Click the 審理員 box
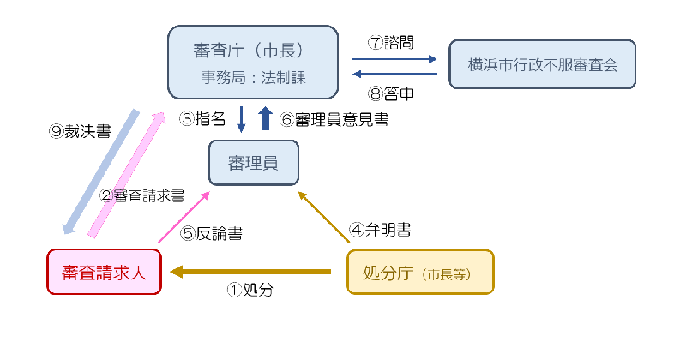[253, 163]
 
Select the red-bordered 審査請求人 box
[104, 272]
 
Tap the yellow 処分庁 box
[420, 272]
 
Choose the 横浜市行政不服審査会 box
[542, 64]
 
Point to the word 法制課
[285, 77]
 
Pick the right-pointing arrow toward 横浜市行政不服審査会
[394, 59]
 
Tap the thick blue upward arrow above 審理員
[265, 118]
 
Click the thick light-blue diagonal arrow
[101, 171]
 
